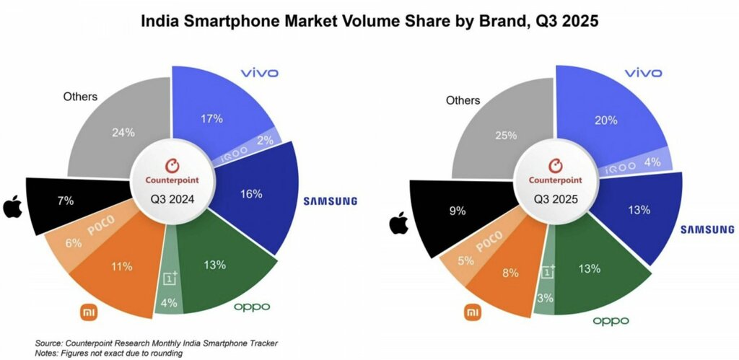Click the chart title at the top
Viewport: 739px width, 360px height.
coord(369,22)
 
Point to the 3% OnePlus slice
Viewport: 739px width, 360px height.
coord(546,296)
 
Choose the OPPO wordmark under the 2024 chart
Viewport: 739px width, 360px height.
coord(251,307)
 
